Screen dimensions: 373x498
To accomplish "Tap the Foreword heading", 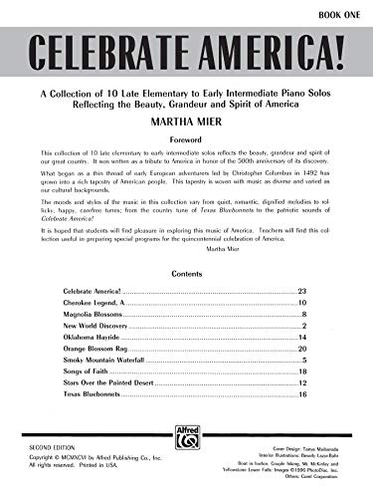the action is [x=186, y=139].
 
